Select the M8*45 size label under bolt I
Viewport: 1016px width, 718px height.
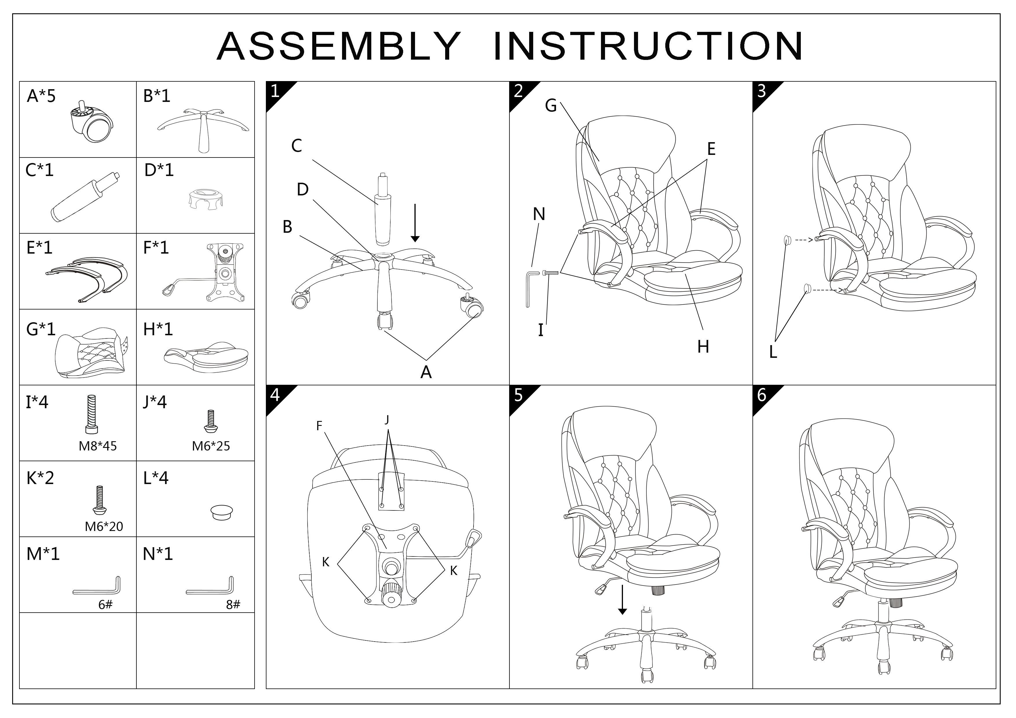coord(98,446)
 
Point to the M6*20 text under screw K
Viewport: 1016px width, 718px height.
coord(104,526)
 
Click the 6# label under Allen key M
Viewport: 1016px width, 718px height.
coord(105,605)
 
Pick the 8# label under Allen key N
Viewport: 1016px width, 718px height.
coord(233,605)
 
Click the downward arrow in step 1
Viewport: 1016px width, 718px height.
coord(415,224)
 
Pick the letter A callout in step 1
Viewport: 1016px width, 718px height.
coord(426,373)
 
